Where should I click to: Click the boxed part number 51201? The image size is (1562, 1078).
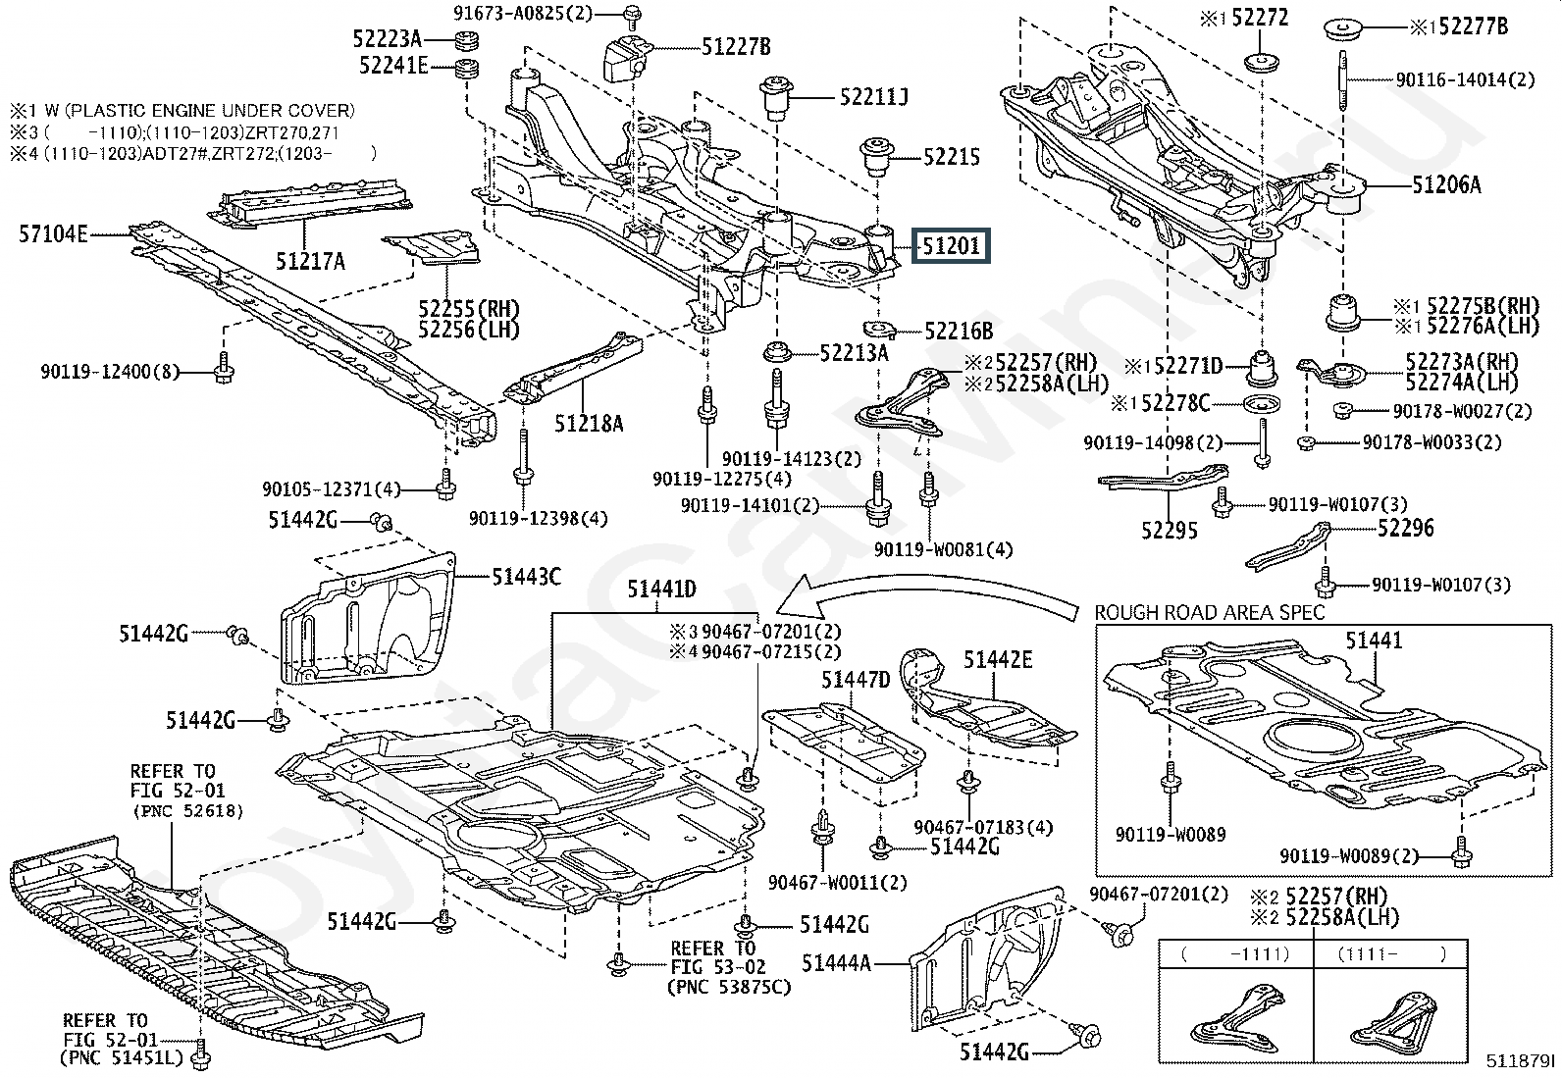coord(951,245)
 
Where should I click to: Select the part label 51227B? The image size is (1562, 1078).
coord(736,45)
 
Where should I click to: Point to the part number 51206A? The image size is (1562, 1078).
coord(1446,184)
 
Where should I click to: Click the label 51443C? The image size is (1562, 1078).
coord(526,576)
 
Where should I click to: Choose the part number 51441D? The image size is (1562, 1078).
coord(661,589)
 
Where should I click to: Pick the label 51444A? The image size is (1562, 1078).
coord(836,963)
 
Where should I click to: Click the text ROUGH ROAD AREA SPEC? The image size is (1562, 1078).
coord(1209,612)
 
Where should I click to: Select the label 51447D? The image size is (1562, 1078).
coord(856,679)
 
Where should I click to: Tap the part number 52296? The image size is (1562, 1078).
coord(1405,529)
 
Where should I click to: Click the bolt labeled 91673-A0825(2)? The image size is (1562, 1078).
coord(630,15)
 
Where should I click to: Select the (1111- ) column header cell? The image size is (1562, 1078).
coord(1394,952)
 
